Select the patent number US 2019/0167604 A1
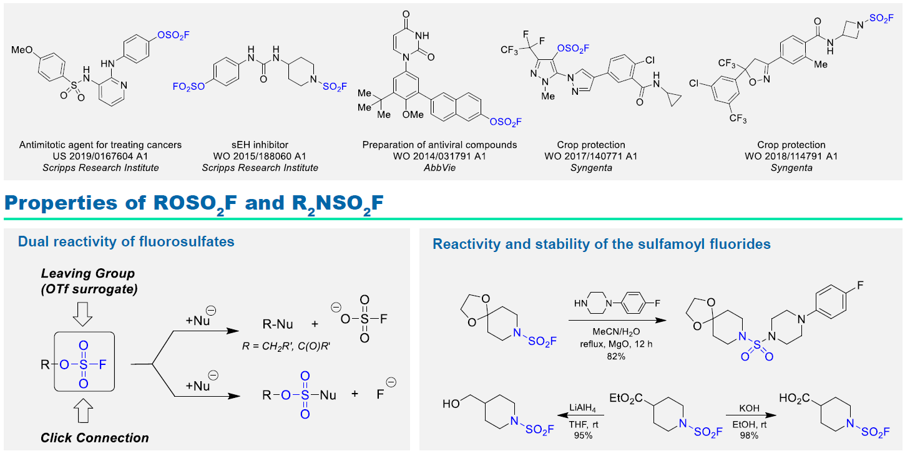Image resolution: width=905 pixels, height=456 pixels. (100, 157)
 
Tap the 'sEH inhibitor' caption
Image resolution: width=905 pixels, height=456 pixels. (260, 145)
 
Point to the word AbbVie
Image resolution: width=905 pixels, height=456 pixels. (439, 168)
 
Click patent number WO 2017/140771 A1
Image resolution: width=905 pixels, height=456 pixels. (590, 157)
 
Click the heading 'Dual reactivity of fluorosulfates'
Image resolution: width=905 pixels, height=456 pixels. (126, 241)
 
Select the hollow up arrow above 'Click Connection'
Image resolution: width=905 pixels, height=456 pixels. (83, 411)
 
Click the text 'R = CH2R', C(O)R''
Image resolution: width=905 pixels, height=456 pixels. (286, 346)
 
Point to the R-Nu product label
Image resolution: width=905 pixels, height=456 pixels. (278, 324)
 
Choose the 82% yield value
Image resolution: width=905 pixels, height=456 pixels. (616, 356)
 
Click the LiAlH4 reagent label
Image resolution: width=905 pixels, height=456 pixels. (582, 408)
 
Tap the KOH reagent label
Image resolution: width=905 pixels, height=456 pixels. (750, 408)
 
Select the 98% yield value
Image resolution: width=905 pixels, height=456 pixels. (749, 435)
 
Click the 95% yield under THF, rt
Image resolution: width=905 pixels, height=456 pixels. (583, 435)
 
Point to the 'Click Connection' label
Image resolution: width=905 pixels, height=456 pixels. (94, 438)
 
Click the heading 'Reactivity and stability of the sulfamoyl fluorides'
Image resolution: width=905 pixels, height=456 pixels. (602, 244)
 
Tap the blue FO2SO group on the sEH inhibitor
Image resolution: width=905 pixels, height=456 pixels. (188, 87)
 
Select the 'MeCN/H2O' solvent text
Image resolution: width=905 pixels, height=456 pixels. (616, 332)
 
